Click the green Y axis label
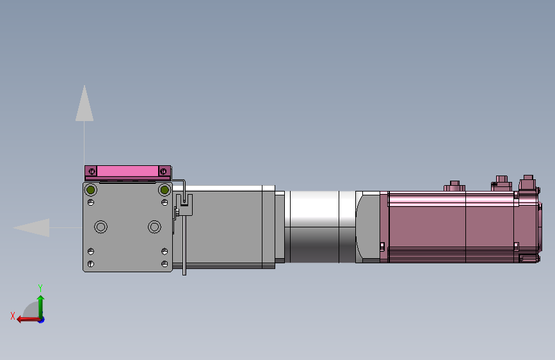(x=40, y=288)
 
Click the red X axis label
(x=13, y=316)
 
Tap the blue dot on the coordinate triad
(x=42, y=320)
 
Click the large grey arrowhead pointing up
(x=84, y=103)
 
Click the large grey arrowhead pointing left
(x=31, y=227)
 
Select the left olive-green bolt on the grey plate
(x=91, y=190)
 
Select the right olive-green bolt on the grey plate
(x=165, y=190)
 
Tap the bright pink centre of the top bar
(x=127, y=172)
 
